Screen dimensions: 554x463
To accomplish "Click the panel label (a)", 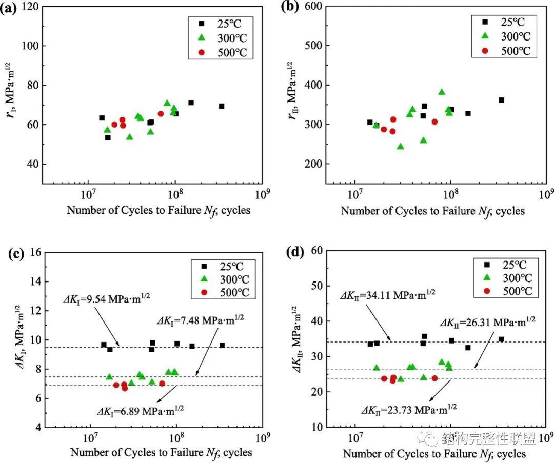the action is click(9, 8).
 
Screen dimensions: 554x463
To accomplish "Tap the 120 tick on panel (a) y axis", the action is click(30, 7).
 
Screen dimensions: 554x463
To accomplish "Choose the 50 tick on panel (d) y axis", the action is click(316, 286).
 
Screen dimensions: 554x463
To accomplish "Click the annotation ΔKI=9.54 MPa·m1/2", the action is click(106, 298).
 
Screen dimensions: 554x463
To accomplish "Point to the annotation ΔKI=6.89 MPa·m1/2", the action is click(140, 410).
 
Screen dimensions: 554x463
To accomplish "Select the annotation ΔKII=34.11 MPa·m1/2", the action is click(388, 294).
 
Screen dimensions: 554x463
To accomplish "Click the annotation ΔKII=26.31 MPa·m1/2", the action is click(488, 321).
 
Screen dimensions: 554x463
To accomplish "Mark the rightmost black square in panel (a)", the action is click(222, 106).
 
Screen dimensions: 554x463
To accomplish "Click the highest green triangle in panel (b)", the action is click(442, 92).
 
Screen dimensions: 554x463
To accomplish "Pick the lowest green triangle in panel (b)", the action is click(400, 146).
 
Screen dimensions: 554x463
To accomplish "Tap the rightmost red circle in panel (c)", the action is click(162, 384).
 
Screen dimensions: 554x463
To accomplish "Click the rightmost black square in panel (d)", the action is click(501, 339).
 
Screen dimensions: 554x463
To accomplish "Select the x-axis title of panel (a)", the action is click(159, 211).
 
